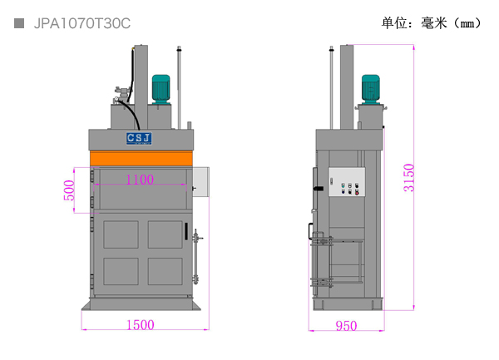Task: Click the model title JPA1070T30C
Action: [82, 23]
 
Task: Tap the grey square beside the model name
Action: [19, 23]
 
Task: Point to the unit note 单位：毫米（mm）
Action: [432, 23]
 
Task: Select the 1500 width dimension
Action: [141, 325]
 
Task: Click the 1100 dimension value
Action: [140, 180]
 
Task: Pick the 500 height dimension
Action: [69, 190]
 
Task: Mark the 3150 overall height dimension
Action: [409, 178]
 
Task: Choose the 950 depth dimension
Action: [346, 326]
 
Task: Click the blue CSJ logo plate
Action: [139, 139]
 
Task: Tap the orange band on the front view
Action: [141, 158]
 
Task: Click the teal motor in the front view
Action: [161, 89]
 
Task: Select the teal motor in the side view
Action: [371, 89]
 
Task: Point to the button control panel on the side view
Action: [347, 182]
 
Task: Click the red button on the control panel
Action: [357, 193]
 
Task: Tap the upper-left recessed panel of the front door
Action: [121, 234]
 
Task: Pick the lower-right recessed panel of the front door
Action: [166, 271]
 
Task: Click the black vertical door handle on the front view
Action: [186, 231]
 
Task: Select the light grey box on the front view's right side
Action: [200, 181]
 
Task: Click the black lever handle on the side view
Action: [319, 189]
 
